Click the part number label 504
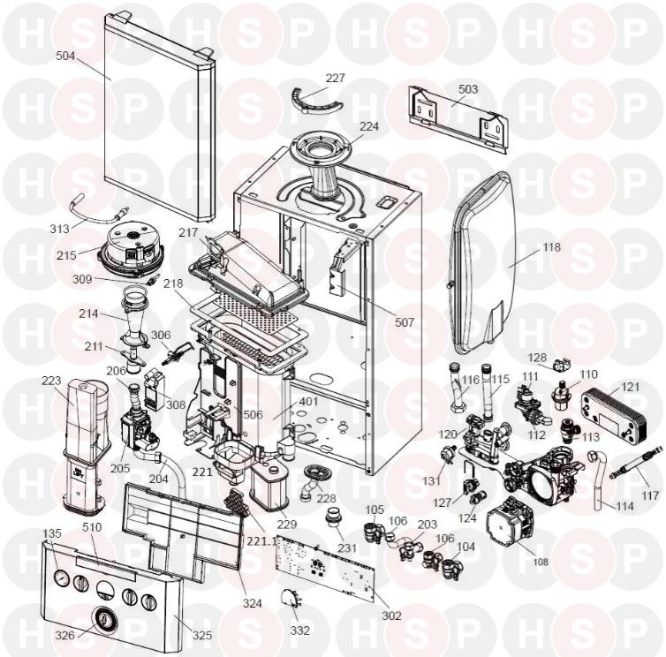pos(65,56)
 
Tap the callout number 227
pos(336,78)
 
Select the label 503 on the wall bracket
pos(468,89)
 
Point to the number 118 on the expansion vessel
pos(551,246)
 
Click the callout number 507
pos(405,322)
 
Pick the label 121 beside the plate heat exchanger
pos(631,387)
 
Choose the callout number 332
pos(300,631)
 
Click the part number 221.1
pos(261,542)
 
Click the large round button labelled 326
pos(103,619)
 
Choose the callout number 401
pos(309,402)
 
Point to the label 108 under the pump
pos(541,562)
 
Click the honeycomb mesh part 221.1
pos(239,503)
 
